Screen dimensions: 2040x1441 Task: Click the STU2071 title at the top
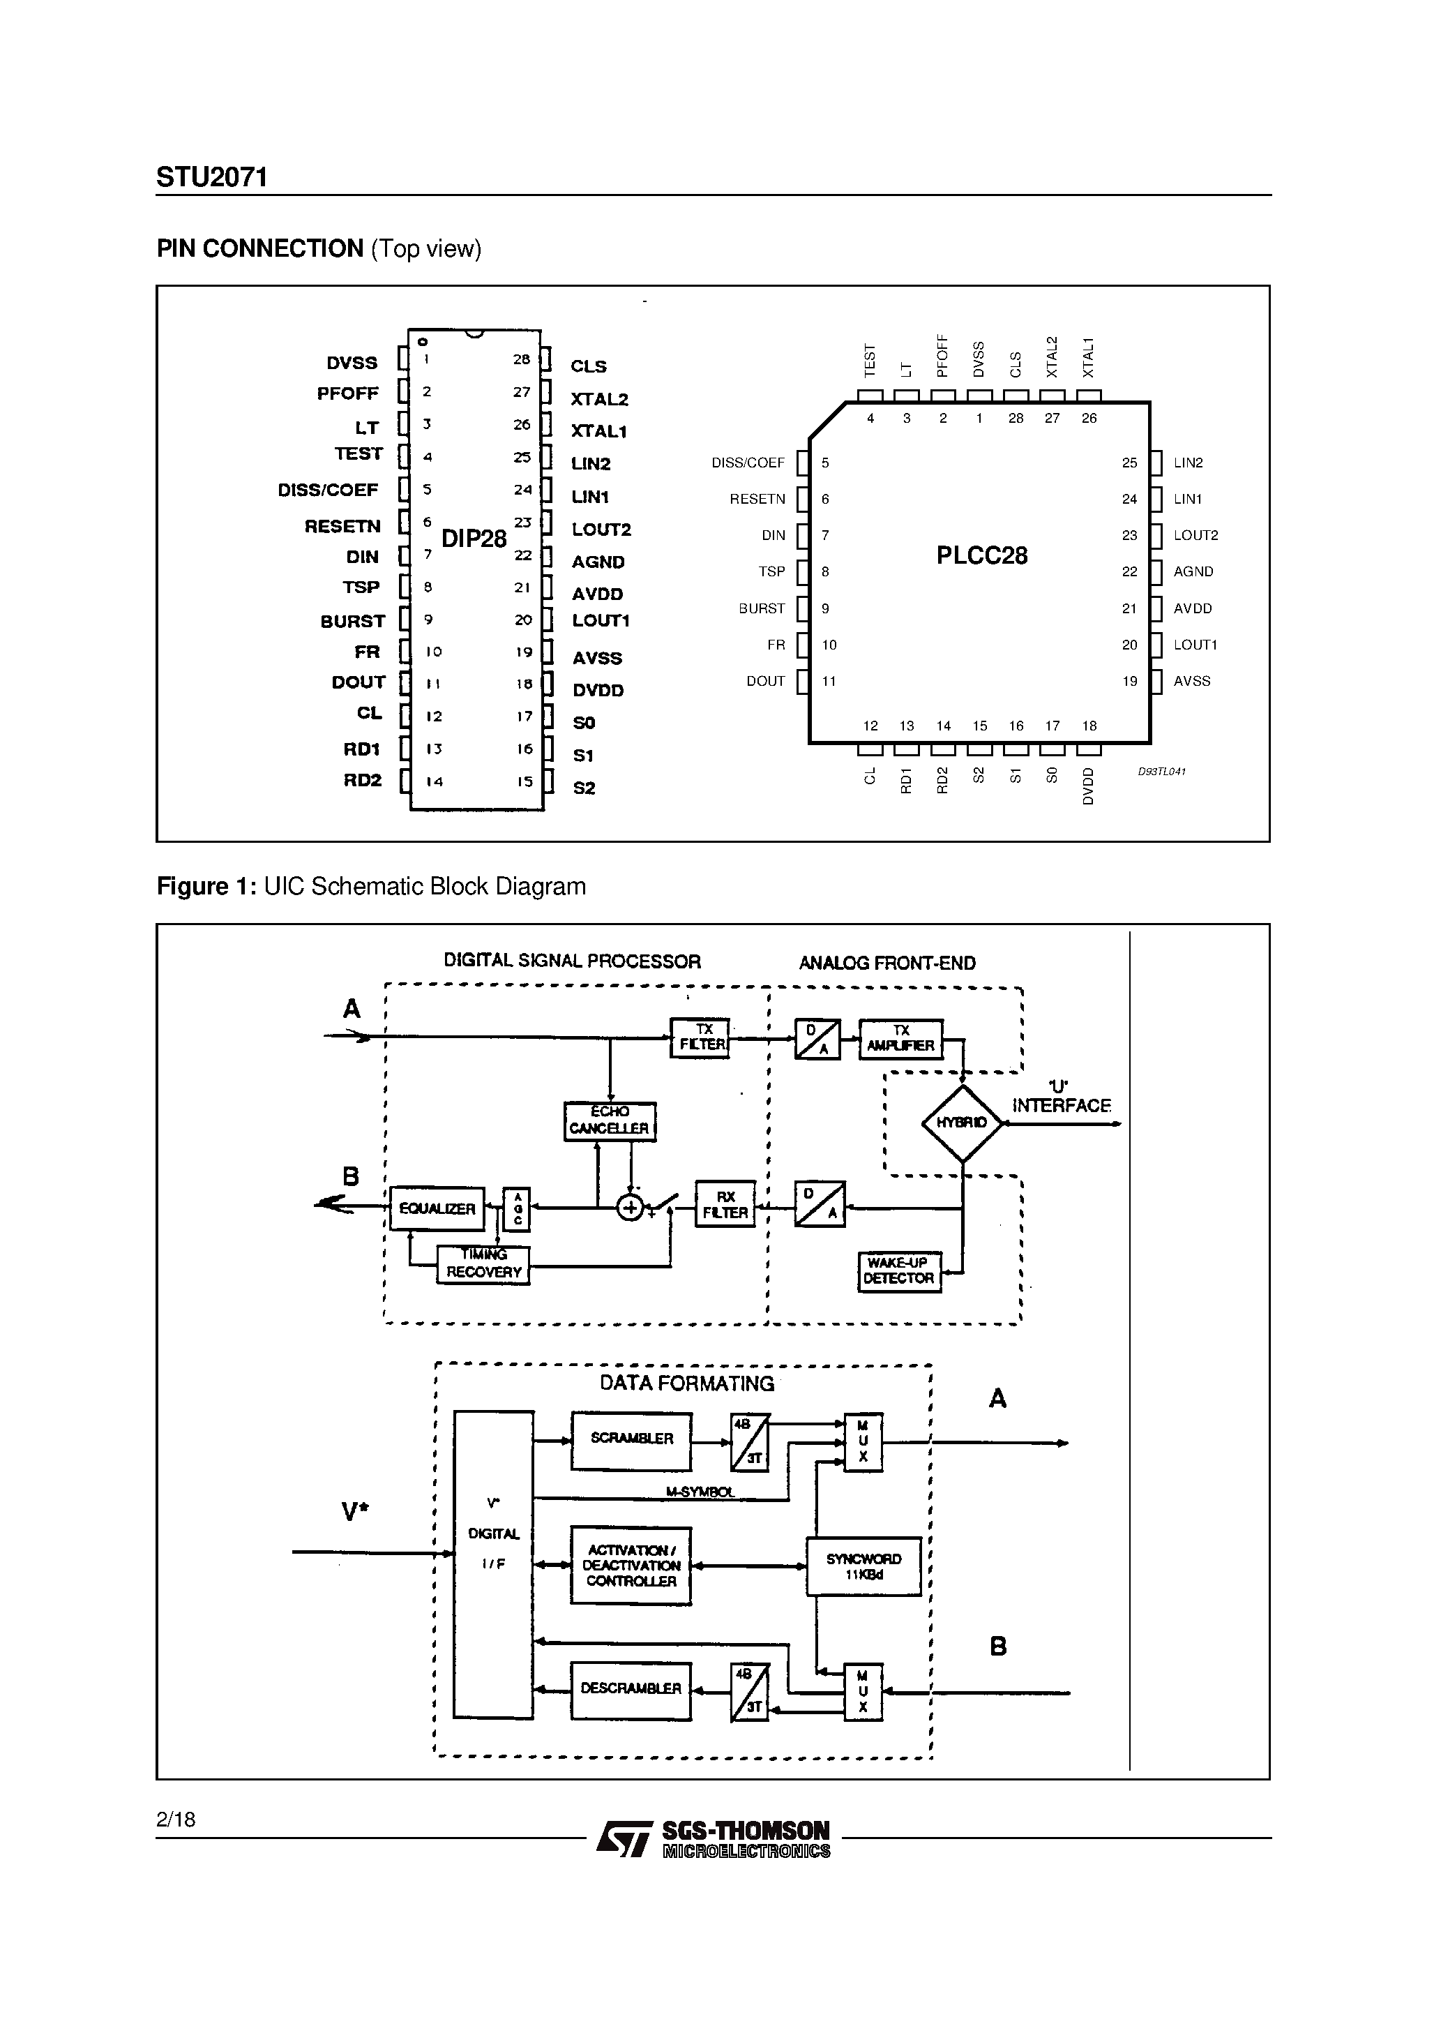click(x=211, y=178)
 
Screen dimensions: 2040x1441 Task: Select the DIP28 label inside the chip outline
click(x=474, y=539)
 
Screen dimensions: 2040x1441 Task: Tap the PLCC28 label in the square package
click(x=981, y=556)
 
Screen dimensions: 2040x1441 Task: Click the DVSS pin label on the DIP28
click(x=352, y=363)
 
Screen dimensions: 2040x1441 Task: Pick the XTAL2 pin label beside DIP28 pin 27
click(x=600, y=400)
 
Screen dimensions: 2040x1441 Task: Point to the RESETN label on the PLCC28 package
click(x=757, y=500)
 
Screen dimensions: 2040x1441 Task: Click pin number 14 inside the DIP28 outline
click(x=434, y=782)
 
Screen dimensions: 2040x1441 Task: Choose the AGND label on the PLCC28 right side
click(x=1192, y=572)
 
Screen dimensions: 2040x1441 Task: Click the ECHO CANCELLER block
click(x=610, y=1120)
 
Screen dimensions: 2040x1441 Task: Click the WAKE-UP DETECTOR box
click(x=898, y=1270)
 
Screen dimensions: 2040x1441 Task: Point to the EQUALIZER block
click(x=437, y=1208)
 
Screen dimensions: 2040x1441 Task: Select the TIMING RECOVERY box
click(x=483, y=1263)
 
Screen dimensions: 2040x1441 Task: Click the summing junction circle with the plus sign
click(x=630, y=1208)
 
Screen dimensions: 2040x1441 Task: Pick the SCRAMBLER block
click(x=632, y=1439)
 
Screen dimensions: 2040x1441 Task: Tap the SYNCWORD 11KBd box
click(x=863, y=1566)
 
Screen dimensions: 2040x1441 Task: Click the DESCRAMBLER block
click(x=631, y=1688)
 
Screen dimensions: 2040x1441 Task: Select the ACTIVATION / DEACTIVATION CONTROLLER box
click(x=631, y=1566)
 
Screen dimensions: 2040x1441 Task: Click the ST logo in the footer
click(x=624, y=1838)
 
